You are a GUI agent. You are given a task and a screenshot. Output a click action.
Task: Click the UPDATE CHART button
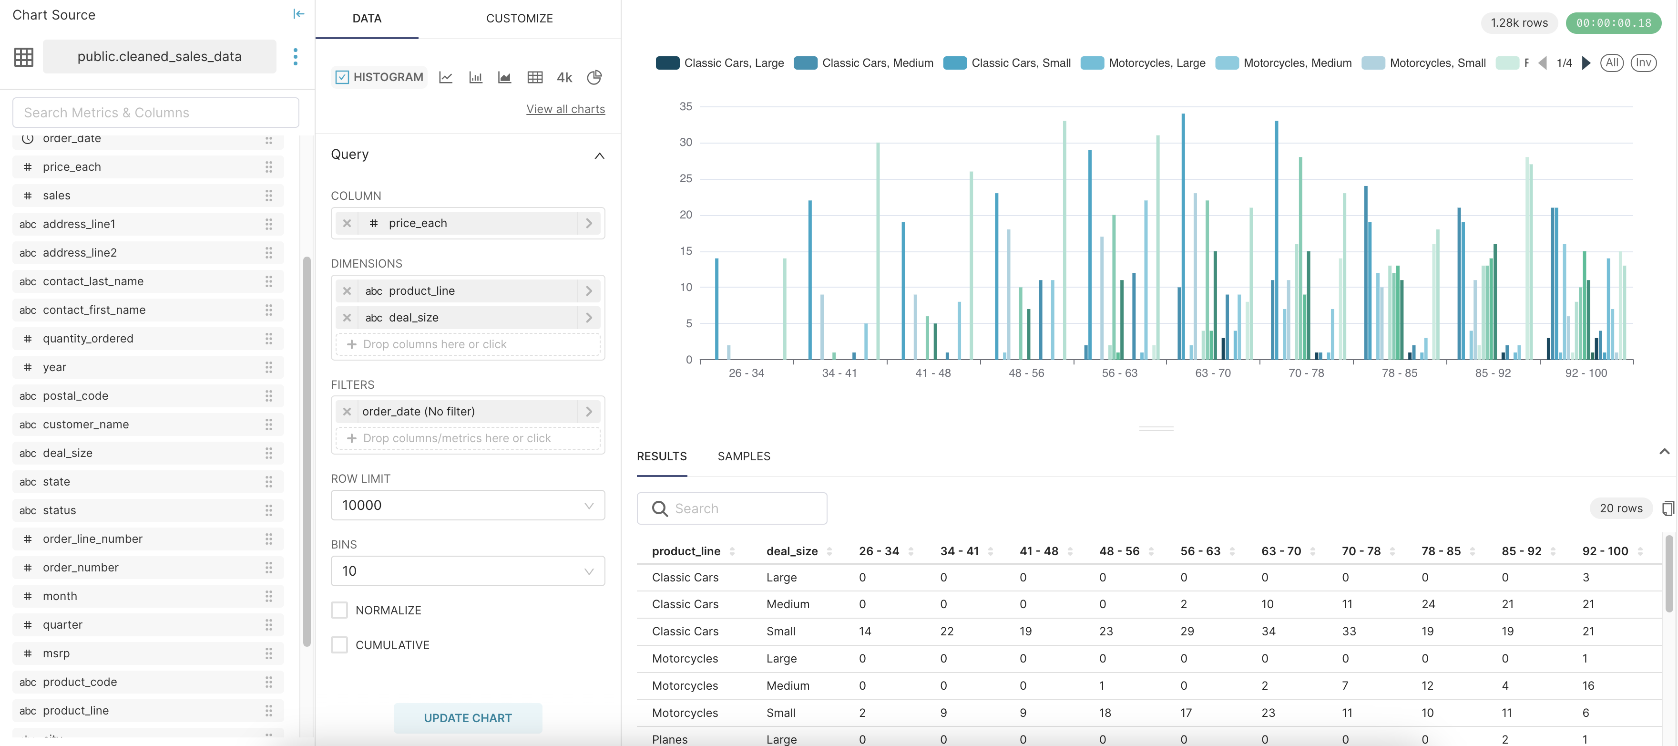[x=467, y=718]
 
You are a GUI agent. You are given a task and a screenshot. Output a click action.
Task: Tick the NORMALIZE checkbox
[x=339, y=610]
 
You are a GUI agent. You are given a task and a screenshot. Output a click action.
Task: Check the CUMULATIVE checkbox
[x=339, y=645]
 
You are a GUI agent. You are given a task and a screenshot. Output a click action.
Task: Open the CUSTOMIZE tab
[x=519, y=18]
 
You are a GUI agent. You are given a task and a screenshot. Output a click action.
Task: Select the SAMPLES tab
[x=743, y=456]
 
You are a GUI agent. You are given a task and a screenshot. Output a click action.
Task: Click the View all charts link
[x=565, y=109]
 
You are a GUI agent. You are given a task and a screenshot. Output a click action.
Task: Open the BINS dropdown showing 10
[x=467, y=571]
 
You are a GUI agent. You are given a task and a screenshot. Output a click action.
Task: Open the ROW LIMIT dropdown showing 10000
[x=467, y=505]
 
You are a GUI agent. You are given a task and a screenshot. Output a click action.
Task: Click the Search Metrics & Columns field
[x=156, y=113]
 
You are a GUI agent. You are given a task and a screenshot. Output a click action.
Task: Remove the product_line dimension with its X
[x=347, y=290]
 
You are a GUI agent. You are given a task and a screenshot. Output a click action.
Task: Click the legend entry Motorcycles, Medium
[x=1296, y=63]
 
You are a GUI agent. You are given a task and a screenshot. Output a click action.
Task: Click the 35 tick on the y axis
[x=686, y=106]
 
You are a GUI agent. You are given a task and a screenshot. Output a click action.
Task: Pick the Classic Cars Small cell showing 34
[x=1268, y=632]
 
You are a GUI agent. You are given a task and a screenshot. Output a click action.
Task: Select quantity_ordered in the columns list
[x=88, y=339]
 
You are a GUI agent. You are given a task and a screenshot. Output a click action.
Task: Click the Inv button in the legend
[x=1643, y=63]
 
